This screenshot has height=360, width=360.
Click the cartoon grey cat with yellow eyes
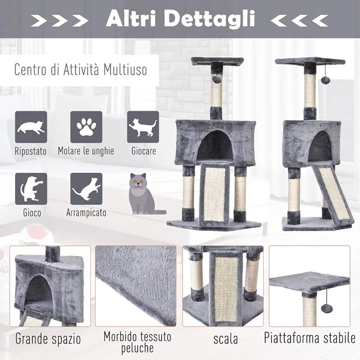(x=141, y=194)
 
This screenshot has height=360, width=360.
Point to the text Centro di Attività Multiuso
(x=80, y=70)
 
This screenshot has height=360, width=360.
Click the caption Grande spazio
(x=48, y=338)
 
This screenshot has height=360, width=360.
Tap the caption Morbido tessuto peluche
(x=137, y=342)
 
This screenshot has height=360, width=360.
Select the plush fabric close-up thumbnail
(x=135, y=285)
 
